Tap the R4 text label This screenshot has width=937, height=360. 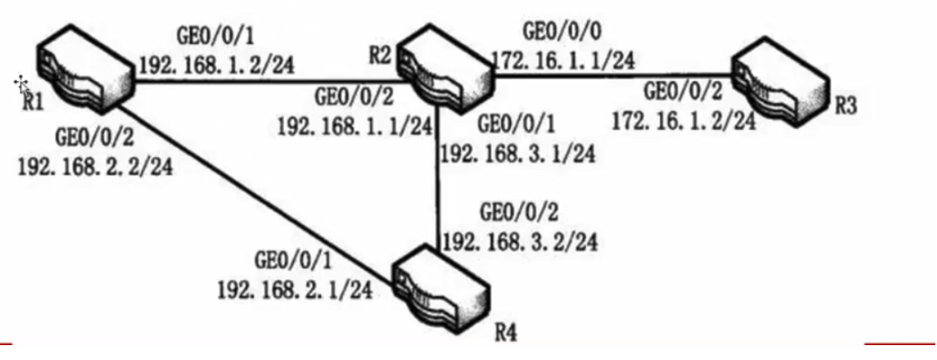point(506,334)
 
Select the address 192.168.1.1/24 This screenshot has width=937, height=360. point(355,127)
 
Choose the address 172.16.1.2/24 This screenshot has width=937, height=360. point(684,122)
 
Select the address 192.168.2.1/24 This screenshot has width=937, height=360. point(293,290)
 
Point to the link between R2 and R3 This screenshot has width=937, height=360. point(613,78)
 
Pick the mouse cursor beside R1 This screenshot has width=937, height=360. point(21,84)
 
